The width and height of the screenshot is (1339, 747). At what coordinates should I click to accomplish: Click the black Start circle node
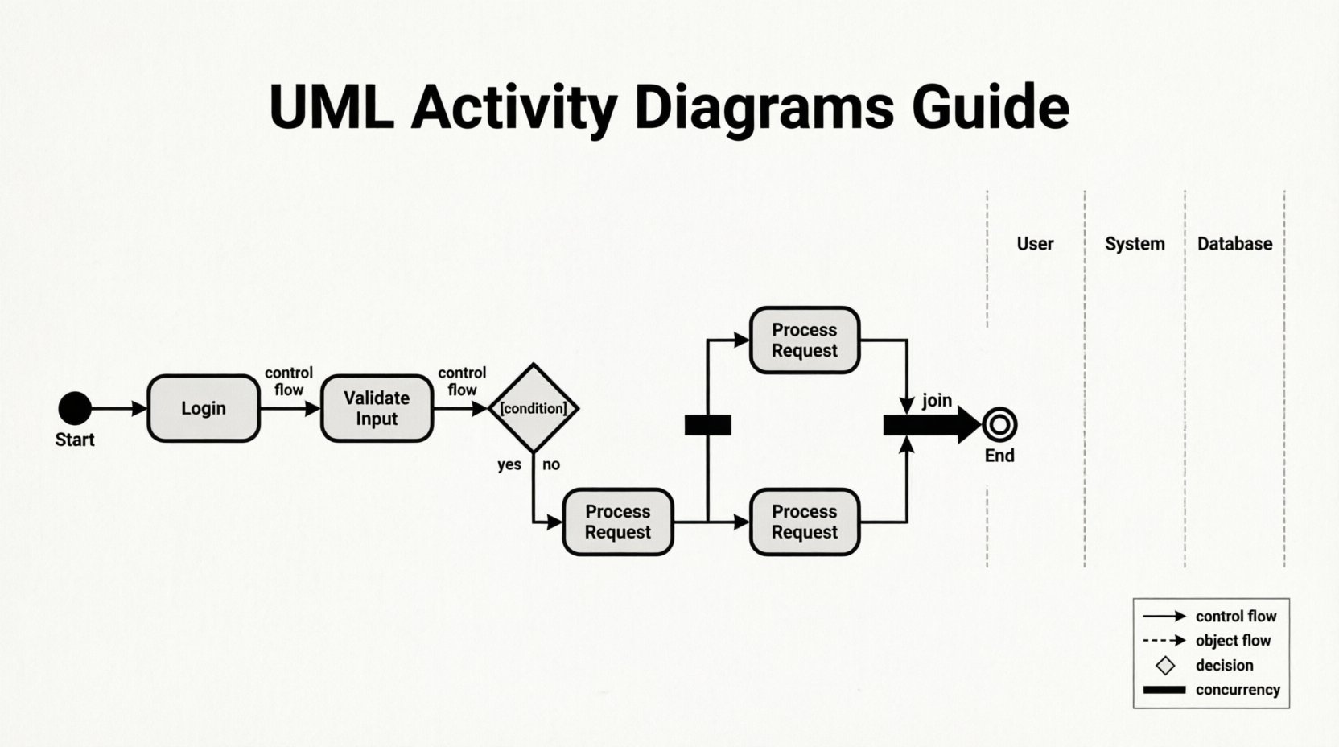click(x=75, y=408)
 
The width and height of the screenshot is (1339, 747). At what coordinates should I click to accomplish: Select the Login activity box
click(x=204, y=408)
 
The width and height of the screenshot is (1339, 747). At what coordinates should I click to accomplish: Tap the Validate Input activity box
click(x=377, y=408)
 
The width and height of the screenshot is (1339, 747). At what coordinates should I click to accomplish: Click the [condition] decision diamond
click(x=534, y=408)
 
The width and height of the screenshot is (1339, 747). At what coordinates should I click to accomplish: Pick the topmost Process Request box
click(x=804, y=340)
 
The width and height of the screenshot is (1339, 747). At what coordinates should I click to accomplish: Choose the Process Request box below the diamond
click(x=617, y=522)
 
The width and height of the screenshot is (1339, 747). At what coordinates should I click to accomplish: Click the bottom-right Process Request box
click(x=804, y=522)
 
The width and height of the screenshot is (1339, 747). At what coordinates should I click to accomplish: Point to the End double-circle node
click(x=999, y=424)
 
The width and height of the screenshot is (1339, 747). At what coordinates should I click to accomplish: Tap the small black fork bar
click(x=707, y=425)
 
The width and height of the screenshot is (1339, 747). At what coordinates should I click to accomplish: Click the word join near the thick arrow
click(x=937, y=400)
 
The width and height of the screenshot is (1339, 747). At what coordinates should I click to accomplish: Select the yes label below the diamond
click(x=509, y=464)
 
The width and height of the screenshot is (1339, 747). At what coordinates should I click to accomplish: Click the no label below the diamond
click(x=551, y=464)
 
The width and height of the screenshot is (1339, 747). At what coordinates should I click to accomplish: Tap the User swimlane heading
click(x=1035, y=244)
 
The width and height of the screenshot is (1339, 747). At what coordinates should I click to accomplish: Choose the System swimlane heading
click(x=1135, y=244)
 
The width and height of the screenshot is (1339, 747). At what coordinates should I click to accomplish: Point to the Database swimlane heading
click(x=1234, y=244)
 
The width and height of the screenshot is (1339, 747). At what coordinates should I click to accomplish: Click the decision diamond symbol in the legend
click(x=1164, y=666)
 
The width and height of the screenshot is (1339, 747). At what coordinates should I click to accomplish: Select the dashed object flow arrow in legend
click(x=1164, y=641)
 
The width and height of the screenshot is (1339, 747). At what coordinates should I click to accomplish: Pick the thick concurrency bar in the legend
click(x=1164, y=690)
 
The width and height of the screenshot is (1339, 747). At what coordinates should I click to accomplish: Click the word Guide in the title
click(x=990, y=107)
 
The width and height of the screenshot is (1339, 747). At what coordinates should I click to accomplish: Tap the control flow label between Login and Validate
click(x=289, y=381)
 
